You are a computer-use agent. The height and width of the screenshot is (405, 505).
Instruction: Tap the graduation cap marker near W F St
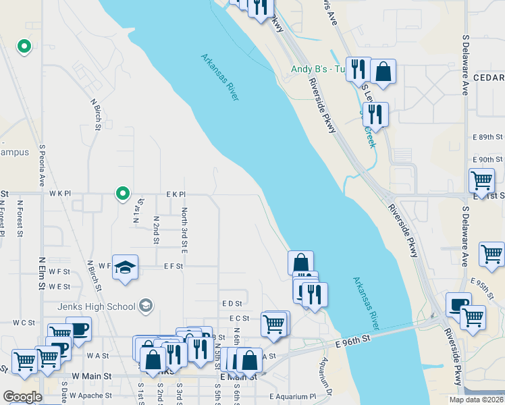pyautogui.click(x=125, y=268)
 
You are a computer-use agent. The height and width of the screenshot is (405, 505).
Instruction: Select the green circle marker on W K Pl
pyautogui.click(x=122, y=194)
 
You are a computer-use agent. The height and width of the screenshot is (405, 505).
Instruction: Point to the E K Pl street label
pyautogui.click(x=176, y=194)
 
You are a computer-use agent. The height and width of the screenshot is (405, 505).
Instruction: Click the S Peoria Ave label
pyautogui.click(x=42, y=165)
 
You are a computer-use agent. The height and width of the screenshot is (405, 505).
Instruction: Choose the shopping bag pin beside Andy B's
pyautogui.click(x=383, y=72)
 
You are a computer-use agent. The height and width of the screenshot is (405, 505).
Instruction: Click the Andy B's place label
pyautogui.click(x=318, y=69)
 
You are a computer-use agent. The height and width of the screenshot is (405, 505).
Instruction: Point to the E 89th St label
pyautogui.click(x=485, y=136)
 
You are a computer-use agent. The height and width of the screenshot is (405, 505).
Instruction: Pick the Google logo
pyautogui.click(x=22, y=397)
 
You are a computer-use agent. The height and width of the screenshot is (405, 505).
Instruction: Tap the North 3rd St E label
pyautogui.click(x=184, y=230)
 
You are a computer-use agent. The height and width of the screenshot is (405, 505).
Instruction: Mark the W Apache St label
pyautogui.click(x=90, y=396)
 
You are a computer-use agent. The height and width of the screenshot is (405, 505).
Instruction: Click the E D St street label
pyautogui.click(x=231, y=303)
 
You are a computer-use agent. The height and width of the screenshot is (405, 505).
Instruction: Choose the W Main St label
pyautogui.click(x=90, y=375)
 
